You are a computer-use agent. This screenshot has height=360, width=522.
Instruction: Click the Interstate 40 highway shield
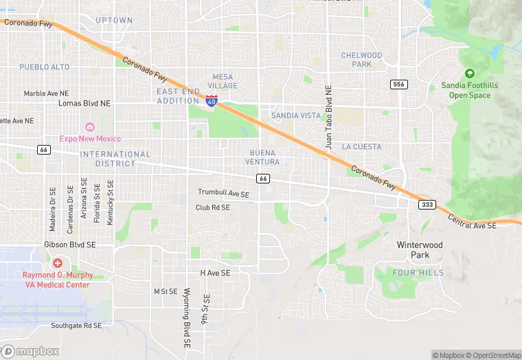tap(212, 101)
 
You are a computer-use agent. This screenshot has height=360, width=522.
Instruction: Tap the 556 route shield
tap(398, 85)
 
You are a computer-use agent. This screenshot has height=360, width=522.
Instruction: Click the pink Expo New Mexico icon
tap(89, 127)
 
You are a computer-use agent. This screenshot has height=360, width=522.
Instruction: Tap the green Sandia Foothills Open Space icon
tap(470, 74)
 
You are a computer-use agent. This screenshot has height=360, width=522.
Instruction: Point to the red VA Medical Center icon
tap(57, 263)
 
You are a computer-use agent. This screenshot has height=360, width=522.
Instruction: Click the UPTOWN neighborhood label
tap(113, 21)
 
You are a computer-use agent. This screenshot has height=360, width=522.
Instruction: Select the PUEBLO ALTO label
tap(44, 67)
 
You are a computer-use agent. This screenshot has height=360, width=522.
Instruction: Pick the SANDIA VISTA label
tap(295, 115)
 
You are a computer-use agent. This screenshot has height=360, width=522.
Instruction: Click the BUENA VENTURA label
tap(262, 157)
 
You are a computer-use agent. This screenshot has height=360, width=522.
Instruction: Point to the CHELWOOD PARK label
tap(361, 60)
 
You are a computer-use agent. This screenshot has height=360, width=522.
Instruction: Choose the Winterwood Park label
tap(420, 249)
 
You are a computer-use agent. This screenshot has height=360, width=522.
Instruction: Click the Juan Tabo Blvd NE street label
tap(328, 117)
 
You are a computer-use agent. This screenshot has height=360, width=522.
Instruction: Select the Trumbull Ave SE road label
tap(223, 193)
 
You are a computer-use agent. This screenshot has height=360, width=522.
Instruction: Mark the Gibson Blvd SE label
tap(69, 245)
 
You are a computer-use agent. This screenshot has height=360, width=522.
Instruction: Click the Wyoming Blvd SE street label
tap(186, 312)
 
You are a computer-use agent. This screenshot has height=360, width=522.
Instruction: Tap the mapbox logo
tap(30, 351)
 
